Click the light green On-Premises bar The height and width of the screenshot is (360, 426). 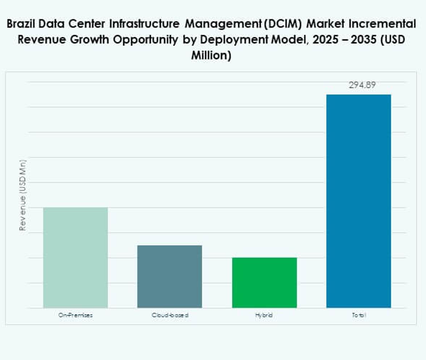[x=75, y=257]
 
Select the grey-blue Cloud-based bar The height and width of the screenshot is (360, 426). [x=170, y=277]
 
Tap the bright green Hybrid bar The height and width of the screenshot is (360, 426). [x=264, y=283]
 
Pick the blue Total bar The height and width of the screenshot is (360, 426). [x=359, y=201]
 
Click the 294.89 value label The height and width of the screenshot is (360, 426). [x=359, y=85]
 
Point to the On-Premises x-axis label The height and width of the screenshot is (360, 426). [x=75, y=315]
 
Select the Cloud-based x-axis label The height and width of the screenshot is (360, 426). [x=170, y=315]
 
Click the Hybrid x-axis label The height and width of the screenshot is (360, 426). [x=264, y=315]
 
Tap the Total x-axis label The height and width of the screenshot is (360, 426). [x=359, y=315]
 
